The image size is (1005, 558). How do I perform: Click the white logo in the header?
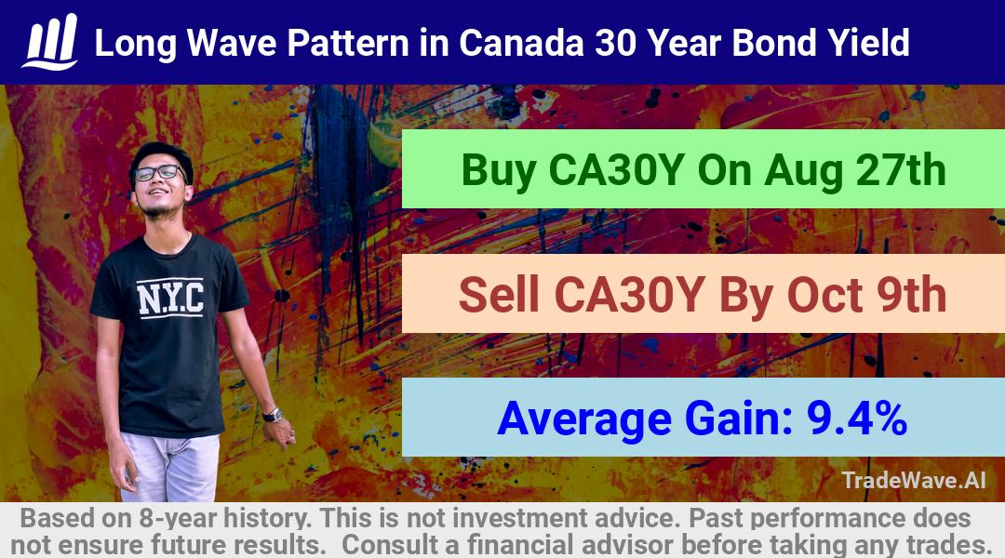click(x=50, y=42)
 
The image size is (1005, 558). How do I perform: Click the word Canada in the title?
click(x=521, y=43)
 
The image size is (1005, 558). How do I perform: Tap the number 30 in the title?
click(x=615, y=43)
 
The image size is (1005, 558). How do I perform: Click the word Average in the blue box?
click(x=584, y=419)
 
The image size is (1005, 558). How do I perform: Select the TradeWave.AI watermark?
click(x=914, y=480)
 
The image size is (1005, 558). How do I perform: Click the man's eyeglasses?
click(x=158, y=173)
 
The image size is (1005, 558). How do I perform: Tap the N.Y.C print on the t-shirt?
click(x=170, y=298)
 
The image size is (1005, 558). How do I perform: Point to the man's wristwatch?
click(x=273, y=415)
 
